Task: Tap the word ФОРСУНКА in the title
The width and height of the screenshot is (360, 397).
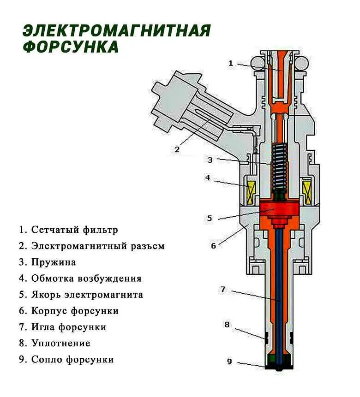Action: coord(71,47)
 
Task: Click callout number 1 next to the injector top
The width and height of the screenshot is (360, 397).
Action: coord(231,63)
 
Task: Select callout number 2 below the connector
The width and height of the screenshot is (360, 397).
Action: coord(177,149)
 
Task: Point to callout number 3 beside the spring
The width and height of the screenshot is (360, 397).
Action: coord(210,160)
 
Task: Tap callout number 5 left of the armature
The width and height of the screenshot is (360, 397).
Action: coord(210,218)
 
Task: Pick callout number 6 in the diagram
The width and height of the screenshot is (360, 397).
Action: coord(213,246)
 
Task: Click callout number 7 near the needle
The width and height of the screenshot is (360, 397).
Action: coord(223,290)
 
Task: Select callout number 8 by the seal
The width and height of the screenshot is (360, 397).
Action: coord(227,325)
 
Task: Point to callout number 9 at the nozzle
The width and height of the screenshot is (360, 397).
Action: coord(229,361)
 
